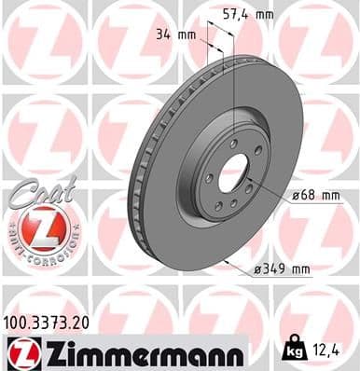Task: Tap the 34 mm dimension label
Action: pos(176,35)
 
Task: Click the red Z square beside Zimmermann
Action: pos(21,353)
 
